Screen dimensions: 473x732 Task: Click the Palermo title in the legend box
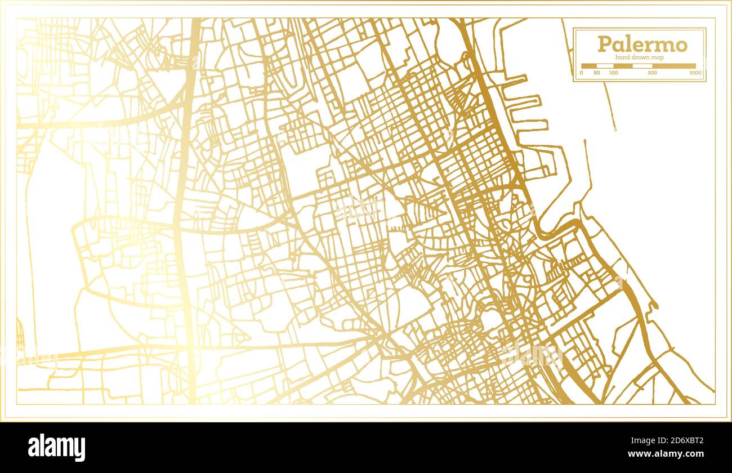(642, 44)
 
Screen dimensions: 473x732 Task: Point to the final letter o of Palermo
(681, 44)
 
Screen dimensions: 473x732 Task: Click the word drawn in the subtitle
(641, 57)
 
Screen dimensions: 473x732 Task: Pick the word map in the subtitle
(658, 57)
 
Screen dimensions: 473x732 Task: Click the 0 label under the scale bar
(581, 73)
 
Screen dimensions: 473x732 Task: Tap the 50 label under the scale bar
(596, 73)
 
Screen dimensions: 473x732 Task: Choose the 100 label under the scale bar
(613, 73)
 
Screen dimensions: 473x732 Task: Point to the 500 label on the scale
(651, 73)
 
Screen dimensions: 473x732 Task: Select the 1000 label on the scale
(695, 73)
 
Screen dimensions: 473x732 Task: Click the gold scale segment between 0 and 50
(589, 66)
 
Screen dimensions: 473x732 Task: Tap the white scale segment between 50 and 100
(605, 66)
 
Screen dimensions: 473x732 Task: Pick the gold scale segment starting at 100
(623, 66)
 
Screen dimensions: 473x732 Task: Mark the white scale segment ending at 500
(642, 66)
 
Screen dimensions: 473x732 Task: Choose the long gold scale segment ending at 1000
(673, 66)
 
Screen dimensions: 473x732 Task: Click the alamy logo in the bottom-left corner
(56, 448)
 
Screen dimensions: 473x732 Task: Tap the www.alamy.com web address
(665, 454)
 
